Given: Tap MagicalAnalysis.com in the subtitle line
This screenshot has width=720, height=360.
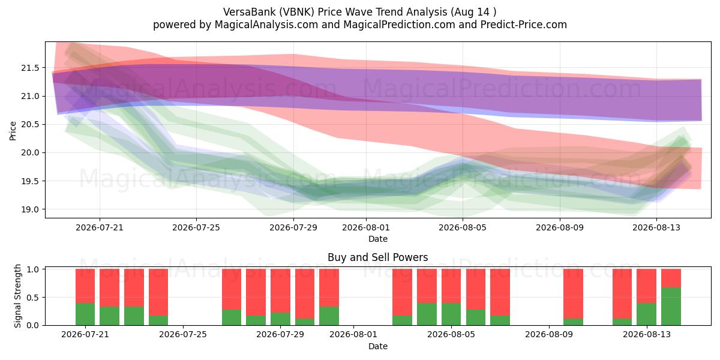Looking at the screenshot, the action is click(x=266, y=25).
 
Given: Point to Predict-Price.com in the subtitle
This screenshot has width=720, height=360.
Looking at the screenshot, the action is click(x=524, y=25).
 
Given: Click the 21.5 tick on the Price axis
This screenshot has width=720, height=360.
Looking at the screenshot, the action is click(x=30, y=68).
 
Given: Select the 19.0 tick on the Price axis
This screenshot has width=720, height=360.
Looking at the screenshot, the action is click(x=30, y=209).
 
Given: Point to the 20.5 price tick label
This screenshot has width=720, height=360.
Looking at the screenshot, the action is click(x=30, y=124).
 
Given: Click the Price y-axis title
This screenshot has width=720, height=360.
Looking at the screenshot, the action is click(x=13, y=131).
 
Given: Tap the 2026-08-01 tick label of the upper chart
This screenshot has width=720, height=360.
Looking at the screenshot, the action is click(x=366, y=227).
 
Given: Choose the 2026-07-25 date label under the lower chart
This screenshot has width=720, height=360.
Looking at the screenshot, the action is click(x=183, y=334).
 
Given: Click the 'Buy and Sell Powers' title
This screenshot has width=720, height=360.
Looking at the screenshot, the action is click(x=377, y=257).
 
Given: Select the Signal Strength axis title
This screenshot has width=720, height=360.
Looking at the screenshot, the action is click(x=17, y=296).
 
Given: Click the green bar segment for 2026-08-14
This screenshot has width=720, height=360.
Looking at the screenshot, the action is click(x=671, y=307).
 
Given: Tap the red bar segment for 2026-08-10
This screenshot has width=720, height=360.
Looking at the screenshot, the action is click(x=573, y=294).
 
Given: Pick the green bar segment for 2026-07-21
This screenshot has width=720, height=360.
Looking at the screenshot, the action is click(x=85, y=314).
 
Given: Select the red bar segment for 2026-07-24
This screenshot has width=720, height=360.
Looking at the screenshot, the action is click(x=158, y=292).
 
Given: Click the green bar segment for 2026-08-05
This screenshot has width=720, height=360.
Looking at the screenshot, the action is click(x=451, y=314).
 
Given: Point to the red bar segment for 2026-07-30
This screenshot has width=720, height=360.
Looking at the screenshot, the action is click(x=305, y=294).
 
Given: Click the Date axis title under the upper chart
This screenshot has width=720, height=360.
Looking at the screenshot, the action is click(x=377, y=239).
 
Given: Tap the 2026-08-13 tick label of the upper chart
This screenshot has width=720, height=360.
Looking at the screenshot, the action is click(x=656, y=227).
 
